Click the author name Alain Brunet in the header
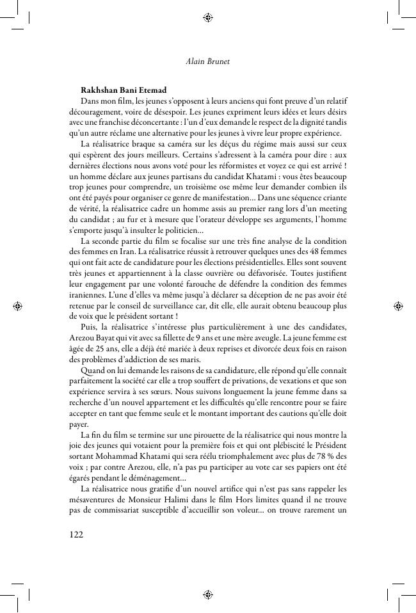(207, 62)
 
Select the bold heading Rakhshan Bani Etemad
(124, 90)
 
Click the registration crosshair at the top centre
(208, 18)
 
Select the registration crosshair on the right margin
(398, 306)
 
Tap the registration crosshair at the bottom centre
(208, 594)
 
